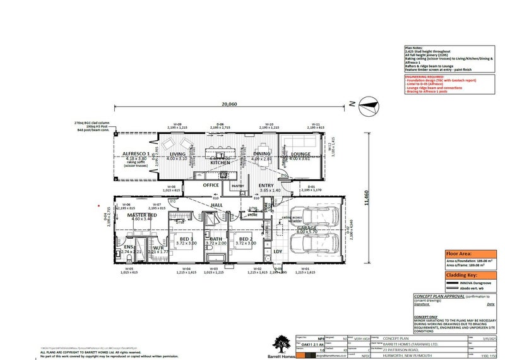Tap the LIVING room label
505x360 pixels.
pyautogui.click(x=177, y=153)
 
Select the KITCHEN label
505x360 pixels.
pyautogui.click(x=220, y=162)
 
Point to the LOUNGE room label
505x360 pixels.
pyautogui.click(x=301, y=153)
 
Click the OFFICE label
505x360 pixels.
pyautogui.click(x=210, y=185)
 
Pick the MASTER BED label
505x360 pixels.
pyautogui.click(x=142, y=215)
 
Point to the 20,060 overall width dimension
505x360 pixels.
pyautogui.click(x=229, y=104)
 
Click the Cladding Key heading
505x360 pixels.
pyautogui.click(x=461, y=275)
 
